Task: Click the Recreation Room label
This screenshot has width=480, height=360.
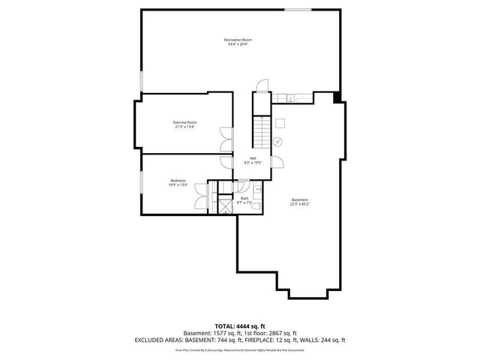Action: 237,41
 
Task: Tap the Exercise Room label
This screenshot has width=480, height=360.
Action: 184,124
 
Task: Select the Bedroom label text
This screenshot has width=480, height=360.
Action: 178,182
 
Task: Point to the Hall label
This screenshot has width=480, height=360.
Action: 253,160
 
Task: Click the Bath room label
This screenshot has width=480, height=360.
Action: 244,200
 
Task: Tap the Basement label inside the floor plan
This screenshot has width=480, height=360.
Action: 299,201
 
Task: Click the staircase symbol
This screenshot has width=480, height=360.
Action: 261,133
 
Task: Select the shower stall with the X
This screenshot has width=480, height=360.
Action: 224,205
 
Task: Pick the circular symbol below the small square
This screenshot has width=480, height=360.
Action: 278,142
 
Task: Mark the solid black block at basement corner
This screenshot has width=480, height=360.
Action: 337,96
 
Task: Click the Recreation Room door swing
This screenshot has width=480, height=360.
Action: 259,85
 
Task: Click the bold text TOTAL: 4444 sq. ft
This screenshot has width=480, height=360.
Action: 239,326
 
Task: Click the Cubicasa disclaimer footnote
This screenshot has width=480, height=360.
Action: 239,349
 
